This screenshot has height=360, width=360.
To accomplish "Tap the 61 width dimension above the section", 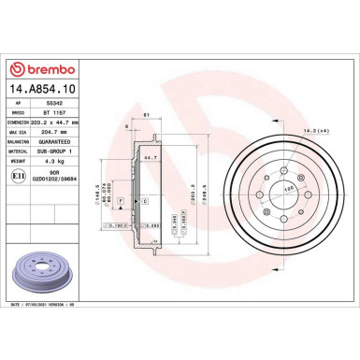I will [x=146, y=116].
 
